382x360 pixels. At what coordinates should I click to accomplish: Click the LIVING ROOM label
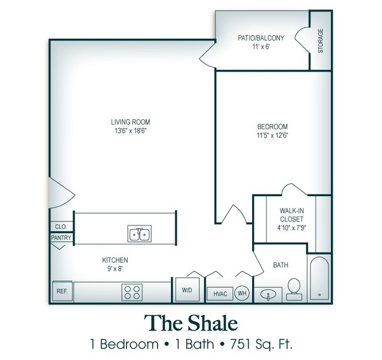pyautogui.click(x=127, y=122)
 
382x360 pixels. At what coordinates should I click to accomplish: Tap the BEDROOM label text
pyautogui.click(x=272, y=126)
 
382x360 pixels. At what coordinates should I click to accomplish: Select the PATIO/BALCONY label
pyautogui.click(x=260, y=38)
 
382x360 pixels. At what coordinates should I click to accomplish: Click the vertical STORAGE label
pyautogui.click(x=321, y=41)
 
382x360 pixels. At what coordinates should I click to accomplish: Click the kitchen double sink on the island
pyautogui.click(x=139, y=234)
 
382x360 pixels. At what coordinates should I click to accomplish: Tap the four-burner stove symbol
pyautogui.click(x=133, y=291)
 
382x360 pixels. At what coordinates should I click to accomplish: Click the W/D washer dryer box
pyautogui.click(x=187, y=290)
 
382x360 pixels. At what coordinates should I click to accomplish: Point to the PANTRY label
pyautogui.click(x=61, y=238)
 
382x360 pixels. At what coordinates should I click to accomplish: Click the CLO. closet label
pyautogui.click(x=61, y=226)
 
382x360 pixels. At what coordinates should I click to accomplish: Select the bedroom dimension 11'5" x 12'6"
pyautogui.click(x=272, y=135)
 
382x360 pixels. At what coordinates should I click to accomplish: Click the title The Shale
pyautogui.click(x=191, y=323)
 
